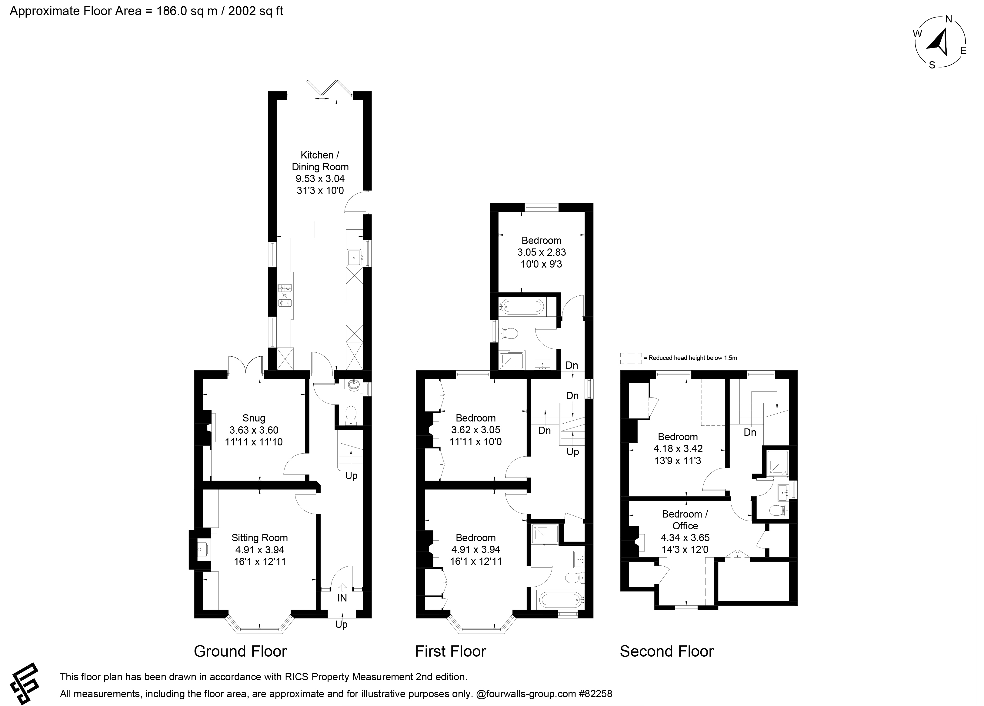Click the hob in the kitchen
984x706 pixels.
click(285, 295)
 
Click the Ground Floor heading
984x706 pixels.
click(240, 651)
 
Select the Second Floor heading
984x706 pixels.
click(666, 651)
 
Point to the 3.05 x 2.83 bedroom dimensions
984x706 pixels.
click(542, 252)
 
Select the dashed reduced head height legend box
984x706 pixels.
click(631, 358)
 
